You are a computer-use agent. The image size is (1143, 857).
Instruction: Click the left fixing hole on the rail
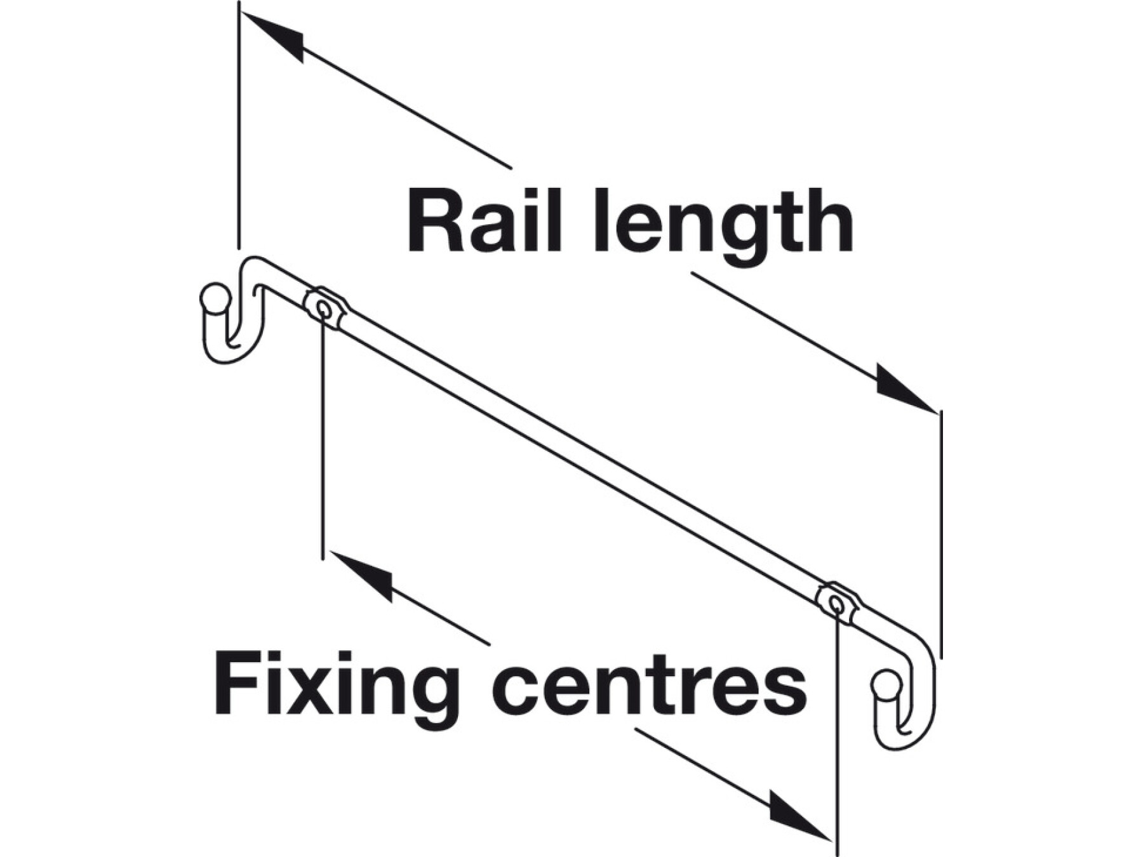[x=323, y=310]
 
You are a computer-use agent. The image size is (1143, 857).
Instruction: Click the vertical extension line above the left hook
[x=239, y=127]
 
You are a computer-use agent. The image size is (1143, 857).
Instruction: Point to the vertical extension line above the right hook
[x=940, y=533]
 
